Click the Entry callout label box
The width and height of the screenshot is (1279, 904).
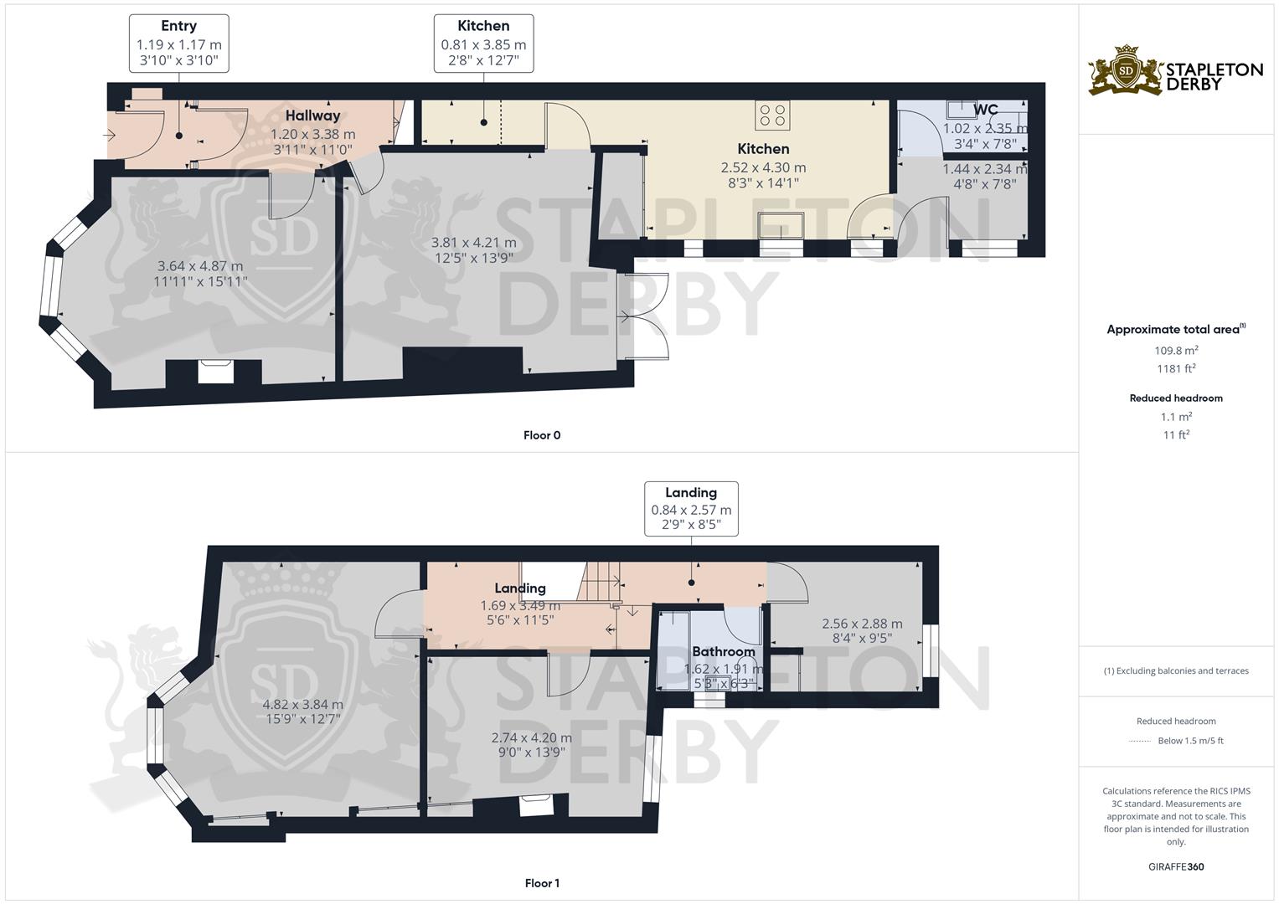point(178,44)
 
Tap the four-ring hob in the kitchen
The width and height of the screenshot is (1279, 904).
point(772,116)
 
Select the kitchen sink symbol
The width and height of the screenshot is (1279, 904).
point(781,225)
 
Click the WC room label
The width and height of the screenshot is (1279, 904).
point(986,110)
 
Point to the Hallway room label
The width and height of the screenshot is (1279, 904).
point(313,116)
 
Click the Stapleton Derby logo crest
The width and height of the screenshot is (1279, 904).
point(1126,70)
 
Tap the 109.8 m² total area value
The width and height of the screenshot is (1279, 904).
point(1176,350)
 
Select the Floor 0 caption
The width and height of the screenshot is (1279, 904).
point(542,435)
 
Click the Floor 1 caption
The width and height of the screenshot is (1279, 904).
point(542,883)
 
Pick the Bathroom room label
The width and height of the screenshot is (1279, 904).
point(724,651)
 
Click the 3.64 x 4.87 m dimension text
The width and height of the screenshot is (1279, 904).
point(200,266)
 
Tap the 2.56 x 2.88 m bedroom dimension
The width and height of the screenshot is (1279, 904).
point(862,624)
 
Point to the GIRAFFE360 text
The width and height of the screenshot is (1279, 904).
point(1176,866)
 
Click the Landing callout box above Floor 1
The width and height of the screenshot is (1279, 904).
point(692,509)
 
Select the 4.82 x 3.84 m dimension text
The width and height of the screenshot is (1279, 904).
point(302,704)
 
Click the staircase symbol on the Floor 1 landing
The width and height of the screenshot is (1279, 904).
point(599,581)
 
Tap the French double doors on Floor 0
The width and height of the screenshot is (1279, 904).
point(645,316)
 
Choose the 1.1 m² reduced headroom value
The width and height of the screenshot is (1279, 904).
point(1176,417)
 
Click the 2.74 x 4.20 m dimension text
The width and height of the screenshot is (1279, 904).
point(532,737)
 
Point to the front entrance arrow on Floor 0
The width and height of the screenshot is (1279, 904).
point(109,136)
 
